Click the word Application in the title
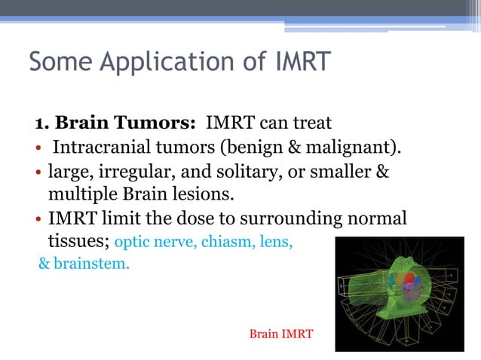160,62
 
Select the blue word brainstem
92,265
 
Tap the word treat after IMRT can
312,122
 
